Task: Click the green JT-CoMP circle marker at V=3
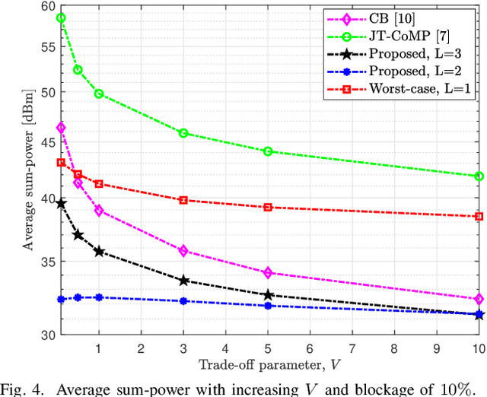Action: point(183,133)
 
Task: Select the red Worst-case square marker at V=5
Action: point(267,208)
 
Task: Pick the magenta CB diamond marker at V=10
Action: point(479,299)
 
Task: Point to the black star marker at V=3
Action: point(183,281)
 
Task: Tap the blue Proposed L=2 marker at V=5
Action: point(267,306)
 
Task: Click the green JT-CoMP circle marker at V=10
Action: point(479,176)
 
